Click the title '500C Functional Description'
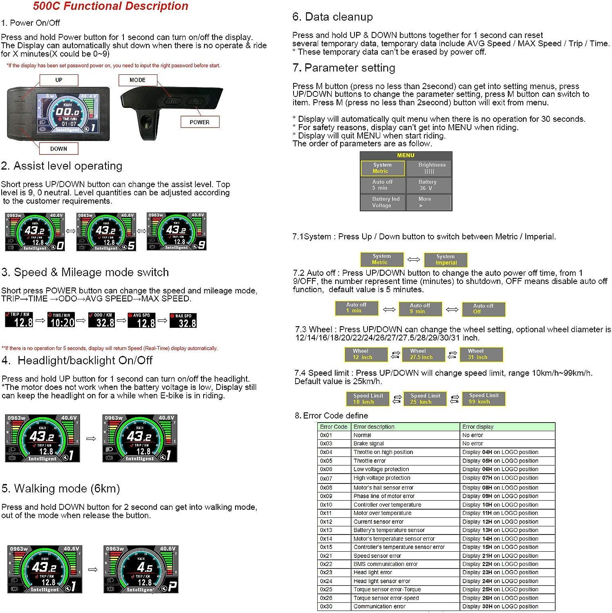pos(110,6)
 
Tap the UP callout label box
pos(59,80)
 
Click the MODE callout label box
pos(137,80)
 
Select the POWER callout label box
pos(200,122)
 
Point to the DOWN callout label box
pos(58,149)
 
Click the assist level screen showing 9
pos(177,231)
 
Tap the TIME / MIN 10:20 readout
pos(61,320)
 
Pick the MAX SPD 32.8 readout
pos(183,320)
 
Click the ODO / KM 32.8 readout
pos(102,320)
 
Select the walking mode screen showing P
pos(141,569)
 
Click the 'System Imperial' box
pos(446,260)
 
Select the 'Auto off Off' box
pos(484,309)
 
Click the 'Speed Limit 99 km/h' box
pos(484,398)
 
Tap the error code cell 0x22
pos(326,564)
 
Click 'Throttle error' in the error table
pos(370,461)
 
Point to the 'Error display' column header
pos(478,427)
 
